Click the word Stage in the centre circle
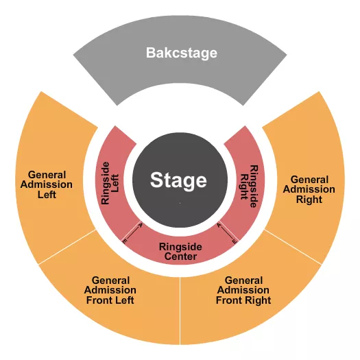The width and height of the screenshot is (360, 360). pyautogui.click(x=178, y=180)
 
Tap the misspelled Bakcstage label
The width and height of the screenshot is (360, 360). pyautogui.click(x=181, y=52)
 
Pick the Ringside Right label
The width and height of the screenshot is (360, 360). pyautogui.click(x=248, y=181)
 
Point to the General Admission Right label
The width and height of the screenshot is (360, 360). pyautogui.click(x=308, y=189)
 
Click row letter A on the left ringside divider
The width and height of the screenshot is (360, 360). pyautogui.click(x=141, y=224)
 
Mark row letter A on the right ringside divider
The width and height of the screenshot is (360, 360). pyautogui.click(x=219, y=224)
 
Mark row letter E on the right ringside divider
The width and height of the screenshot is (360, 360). pyautogui.click(x=234, y=242)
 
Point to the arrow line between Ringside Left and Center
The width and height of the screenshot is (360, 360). pyautogui.click(x=133, y=233)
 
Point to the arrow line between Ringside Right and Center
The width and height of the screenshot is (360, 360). pyautogui.click(x=227, y=233)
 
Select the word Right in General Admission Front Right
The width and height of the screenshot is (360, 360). pyautogui.click(x=258, y=300)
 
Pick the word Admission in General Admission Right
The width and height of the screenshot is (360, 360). pyautogui.click(x=308, y=189)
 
